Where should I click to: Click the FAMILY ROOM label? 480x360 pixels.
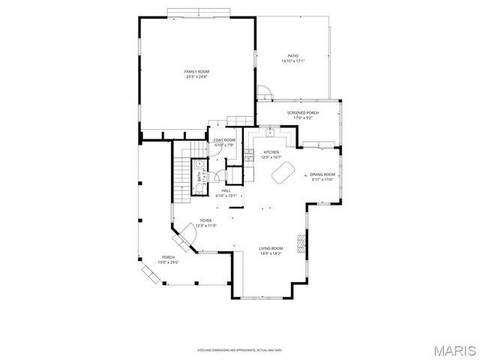tap(196, 71)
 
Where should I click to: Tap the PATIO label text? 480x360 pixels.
tap(294, 56)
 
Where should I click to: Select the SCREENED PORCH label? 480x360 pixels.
tap(304, 112)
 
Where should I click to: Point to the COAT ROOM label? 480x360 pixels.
tap(224, 140)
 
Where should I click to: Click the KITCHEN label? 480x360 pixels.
tap(271, 151)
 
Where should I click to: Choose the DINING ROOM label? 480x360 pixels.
tap(324, 175)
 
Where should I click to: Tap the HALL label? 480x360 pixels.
tap(226, 190)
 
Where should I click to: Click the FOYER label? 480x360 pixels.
tap(205, 220)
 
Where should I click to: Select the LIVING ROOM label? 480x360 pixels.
tap(271, 248)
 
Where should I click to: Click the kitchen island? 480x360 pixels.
tap(283, 173)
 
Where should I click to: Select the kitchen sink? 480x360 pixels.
tap(271, 132)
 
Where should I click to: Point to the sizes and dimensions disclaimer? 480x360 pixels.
tap(240, 349)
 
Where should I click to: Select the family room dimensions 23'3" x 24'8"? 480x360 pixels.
tap(196, 76)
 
